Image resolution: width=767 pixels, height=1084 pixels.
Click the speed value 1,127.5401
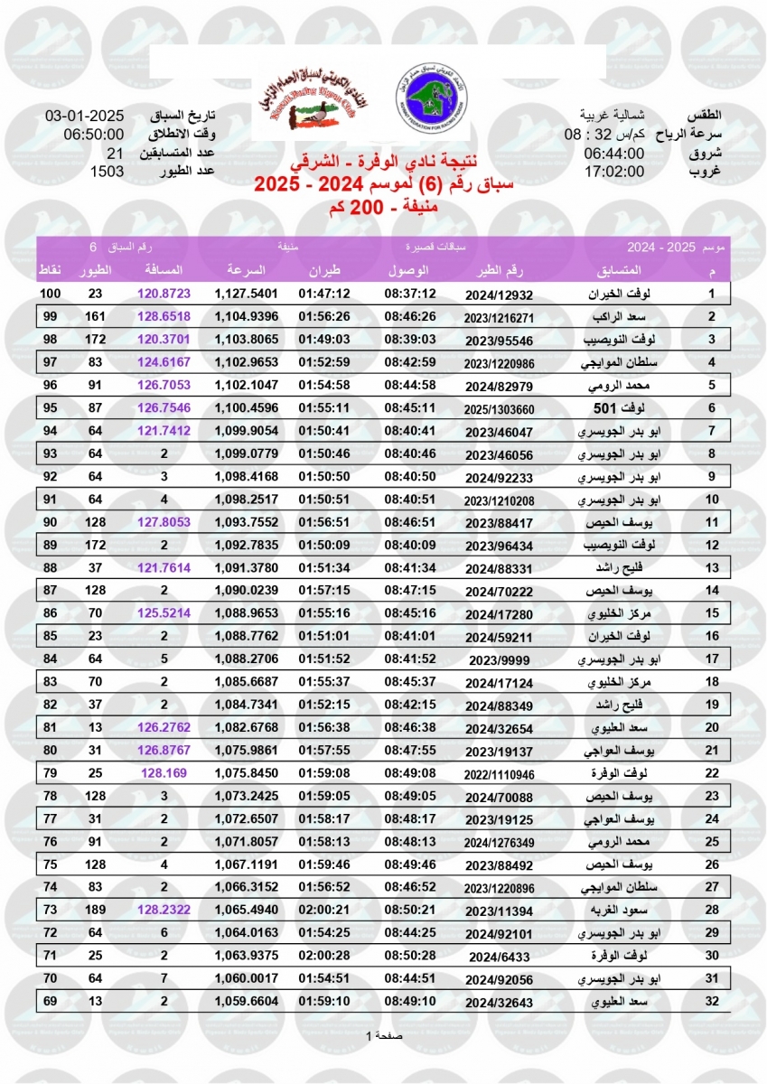[246, 294]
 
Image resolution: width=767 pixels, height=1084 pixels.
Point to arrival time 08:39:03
[410, 341]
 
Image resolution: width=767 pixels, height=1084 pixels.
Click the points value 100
[51, 294]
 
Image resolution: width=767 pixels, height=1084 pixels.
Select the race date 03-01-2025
[84, 117]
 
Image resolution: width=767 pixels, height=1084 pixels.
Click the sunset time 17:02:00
[614, 172]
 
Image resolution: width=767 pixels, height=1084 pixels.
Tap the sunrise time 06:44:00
[614, 154]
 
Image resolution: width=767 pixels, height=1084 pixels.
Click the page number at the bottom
[384, 1035]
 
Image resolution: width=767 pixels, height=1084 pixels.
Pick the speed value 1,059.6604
[246, 1001]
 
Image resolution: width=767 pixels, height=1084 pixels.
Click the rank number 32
[712, 1001]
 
